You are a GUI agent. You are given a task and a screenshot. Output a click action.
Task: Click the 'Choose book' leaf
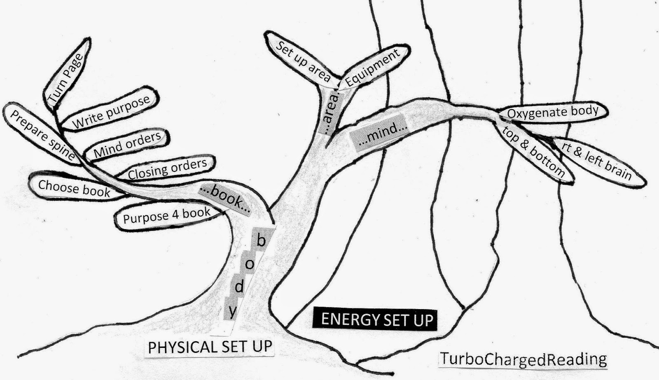[74, 188]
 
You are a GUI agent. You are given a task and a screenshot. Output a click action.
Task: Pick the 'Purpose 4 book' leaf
[166, 216]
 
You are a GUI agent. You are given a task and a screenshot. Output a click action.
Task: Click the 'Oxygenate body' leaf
[552, 112]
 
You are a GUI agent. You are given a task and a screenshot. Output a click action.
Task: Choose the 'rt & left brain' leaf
[597, 162]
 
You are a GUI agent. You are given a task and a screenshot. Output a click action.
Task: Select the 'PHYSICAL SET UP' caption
[210, 347]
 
